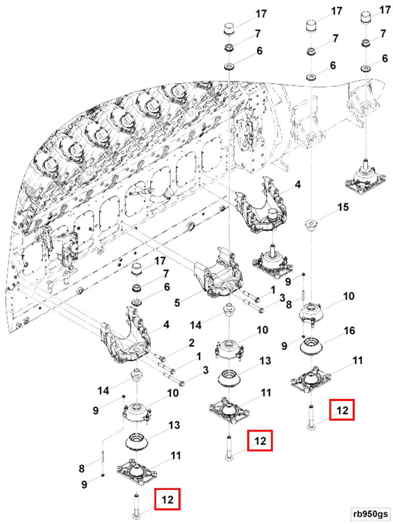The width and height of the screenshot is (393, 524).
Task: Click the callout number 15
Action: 343,208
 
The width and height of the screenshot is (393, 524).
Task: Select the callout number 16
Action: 350,331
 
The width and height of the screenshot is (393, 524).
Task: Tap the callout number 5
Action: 177,302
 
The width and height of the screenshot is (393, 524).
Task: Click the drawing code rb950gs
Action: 370,514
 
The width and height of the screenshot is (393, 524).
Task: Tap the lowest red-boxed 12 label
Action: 168,500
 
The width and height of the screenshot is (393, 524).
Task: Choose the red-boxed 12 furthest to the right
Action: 342,410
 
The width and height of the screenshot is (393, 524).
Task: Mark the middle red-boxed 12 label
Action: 260,441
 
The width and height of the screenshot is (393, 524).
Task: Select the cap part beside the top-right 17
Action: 366,18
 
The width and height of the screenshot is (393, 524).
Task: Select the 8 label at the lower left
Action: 82,469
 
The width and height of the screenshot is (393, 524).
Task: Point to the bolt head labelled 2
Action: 161,356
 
